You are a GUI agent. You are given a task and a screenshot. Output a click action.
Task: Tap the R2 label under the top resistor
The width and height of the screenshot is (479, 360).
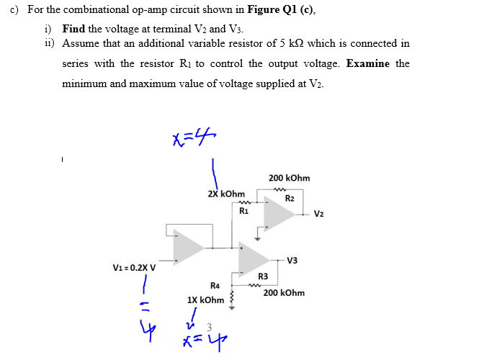290,198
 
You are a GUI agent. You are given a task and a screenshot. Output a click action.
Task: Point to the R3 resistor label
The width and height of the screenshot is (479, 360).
263,277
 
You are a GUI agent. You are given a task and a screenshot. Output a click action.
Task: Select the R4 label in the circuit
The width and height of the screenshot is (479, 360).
214,286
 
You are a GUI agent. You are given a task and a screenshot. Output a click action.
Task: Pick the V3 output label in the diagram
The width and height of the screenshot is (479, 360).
292,260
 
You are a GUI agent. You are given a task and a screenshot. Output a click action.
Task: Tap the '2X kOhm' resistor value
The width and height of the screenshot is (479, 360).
226,194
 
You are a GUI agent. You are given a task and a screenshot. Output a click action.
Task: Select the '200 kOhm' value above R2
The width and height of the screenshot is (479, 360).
289,178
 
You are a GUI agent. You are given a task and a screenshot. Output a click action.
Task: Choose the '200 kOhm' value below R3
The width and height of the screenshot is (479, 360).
284,293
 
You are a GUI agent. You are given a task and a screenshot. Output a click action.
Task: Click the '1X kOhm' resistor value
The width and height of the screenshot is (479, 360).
206,300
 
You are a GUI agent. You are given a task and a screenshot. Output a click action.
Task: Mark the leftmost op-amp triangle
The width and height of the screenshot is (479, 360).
189,246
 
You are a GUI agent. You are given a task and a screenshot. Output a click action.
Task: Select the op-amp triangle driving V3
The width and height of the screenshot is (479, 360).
256,258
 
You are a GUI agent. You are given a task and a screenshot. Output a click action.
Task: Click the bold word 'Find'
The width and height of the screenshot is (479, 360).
73,30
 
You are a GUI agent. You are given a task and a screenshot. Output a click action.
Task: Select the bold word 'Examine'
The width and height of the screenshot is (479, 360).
368,63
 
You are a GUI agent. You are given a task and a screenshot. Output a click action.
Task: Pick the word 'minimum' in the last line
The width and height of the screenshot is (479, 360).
84,84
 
